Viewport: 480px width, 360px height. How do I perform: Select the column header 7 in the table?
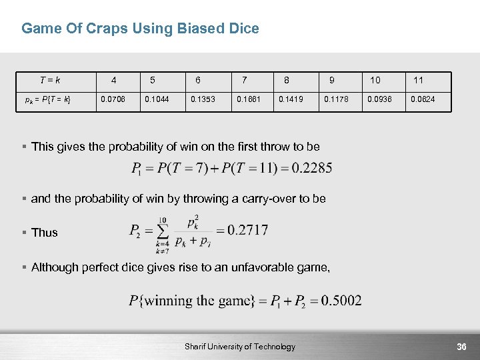pyautogui.click(x=245, y=80)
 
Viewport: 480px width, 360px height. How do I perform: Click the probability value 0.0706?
pyautogui.click(x=112, y=100)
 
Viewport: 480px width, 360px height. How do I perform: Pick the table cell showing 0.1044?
pyautogui.click(x=157, y=100)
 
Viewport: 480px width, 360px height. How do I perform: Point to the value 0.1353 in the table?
pyautogui.click(x=203, y=100)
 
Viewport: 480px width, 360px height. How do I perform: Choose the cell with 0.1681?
pyautogui.click(x=248, y=100)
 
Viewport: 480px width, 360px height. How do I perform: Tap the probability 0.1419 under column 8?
pyautogui.click(x=291, y=100)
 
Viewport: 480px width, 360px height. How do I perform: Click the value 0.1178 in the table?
pyautogui.click(x=336, y=100)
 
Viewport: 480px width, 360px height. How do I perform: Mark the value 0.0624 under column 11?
pyautogui.click(x=423, y=100)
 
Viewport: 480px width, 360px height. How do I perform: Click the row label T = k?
pyautogui.click(x=50, y=80)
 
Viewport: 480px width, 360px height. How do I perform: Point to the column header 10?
pyautogui.click(x=375, y=80)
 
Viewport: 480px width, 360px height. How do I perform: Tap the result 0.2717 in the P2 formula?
pyautogui.click(x=247, y=231)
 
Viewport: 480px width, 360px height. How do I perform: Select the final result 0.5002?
pyautogui.click(x=341, y=301)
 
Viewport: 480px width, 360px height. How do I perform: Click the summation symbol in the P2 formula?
pyautogui.click(x=163, y=231)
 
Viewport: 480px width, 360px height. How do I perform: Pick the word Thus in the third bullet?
pyautogui.click(x=45, y=233)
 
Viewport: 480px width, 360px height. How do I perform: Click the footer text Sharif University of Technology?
pyautogui.click(x=240, y=347)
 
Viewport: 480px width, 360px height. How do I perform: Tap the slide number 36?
pyautogui.click(x=461, y=347)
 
